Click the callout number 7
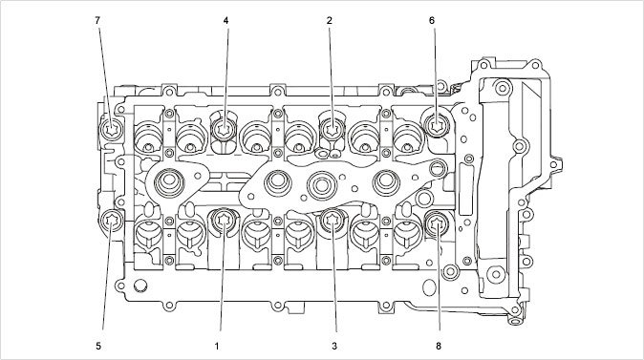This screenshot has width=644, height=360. coord(97,20)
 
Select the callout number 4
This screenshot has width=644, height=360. coord(225,20)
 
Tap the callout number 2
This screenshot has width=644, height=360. coord(330,20)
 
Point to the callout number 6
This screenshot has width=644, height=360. coord(432,20)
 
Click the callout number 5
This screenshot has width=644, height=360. coord(98,346)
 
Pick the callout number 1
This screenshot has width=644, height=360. coord(217,346)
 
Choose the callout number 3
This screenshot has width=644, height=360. coord(334,346)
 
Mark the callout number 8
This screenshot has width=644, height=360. coord(439,346)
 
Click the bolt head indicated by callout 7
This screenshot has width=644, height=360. coord(111,130)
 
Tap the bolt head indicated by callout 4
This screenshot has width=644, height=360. coord(224,130)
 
